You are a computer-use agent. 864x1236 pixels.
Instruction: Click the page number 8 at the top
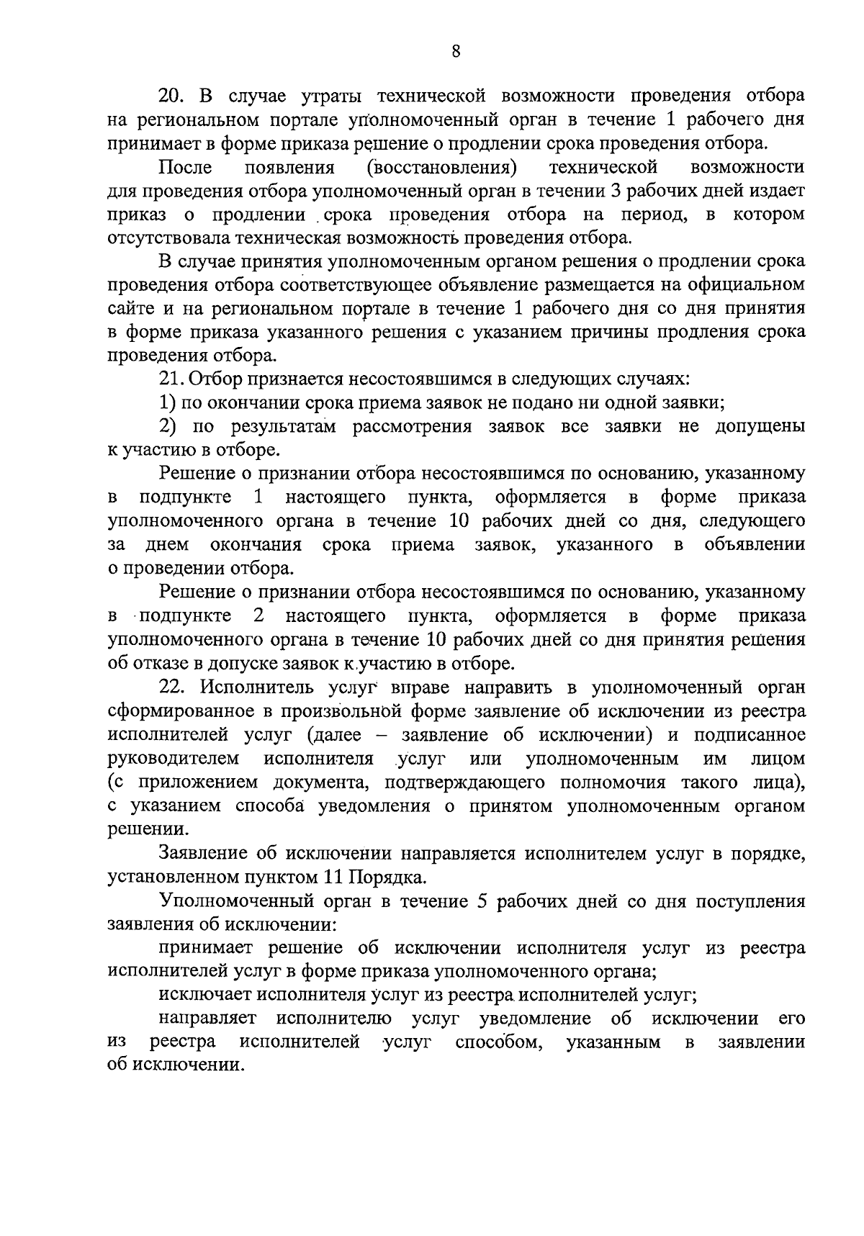click(x=455, y=50)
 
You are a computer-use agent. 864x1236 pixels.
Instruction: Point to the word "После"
click(x=185, y=168)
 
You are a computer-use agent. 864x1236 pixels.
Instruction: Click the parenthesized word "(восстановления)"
click(x=441, y=168)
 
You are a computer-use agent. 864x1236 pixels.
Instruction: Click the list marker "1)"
click(x=167, y=403)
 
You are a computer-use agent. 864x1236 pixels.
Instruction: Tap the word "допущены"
click(x=760, y=427)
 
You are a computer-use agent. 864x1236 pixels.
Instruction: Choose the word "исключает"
click(x=204, y=996)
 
